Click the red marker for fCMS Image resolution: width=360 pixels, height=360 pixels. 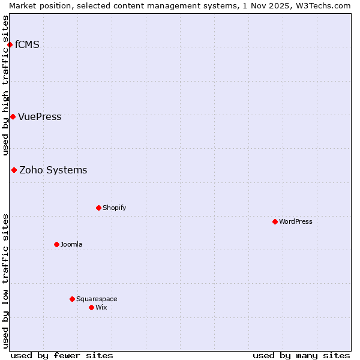pos(10,45)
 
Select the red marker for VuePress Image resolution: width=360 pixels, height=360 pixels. pos(13,116)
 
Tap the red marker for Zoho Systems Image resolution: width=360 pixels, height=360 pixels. pos(14,170)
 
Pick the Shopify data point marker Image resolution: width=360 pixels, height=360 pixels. pos(98,208)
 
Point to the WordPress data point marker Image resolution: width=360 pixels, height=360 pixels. pos(275,222)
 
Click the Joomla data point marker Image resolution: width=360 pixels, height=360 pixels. pos(56,245)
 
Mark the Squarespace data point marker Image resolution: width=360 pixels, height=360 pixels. pos(72,299)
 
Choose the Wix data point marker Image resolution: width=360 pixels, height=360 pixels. pos(91,308)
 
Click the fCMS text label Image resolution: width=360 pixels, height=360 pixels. pos(27,45)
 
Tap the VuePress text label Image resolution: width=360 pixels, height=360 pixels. pos(40,117)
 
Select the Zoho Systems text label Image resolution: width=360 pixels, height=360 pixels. pos(53,170)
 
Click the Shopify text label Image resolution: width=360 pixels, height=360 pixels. pos(114,208)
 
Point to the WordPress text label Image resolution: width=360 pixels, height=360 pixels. pos(295,222)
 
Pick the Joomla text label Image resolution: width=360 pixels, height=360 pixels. pos(71,245)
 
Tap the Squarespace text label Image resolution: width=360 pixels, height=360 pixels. pos(97,299)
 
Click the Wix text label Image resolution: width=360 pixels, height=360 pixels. pos(101,308)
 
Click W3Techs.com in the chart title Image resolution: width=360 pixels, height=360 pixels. pos(322,5)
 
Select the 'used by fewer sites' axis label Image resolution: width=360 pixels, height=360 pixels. pos(62,355)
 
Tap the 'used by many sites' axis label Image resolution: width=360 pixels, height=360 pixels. pos(301,355)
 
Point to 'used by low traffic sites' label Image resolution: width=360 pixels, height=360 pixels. pos(6,281)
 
